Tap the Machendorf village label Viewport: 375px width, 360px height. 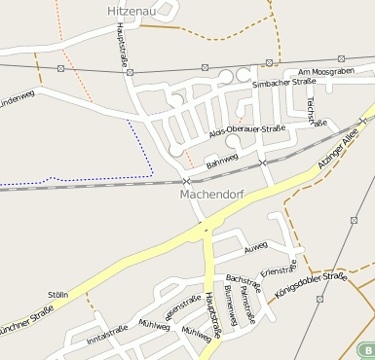[210, 194]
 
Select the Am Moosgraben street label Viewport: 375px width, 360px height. [325, 73]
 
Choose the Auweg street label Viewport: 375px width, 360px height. [255, 247]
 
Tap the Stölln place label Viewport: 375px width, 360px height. [58, 294]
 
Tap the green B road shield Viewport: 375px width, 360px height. [366, 349]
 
